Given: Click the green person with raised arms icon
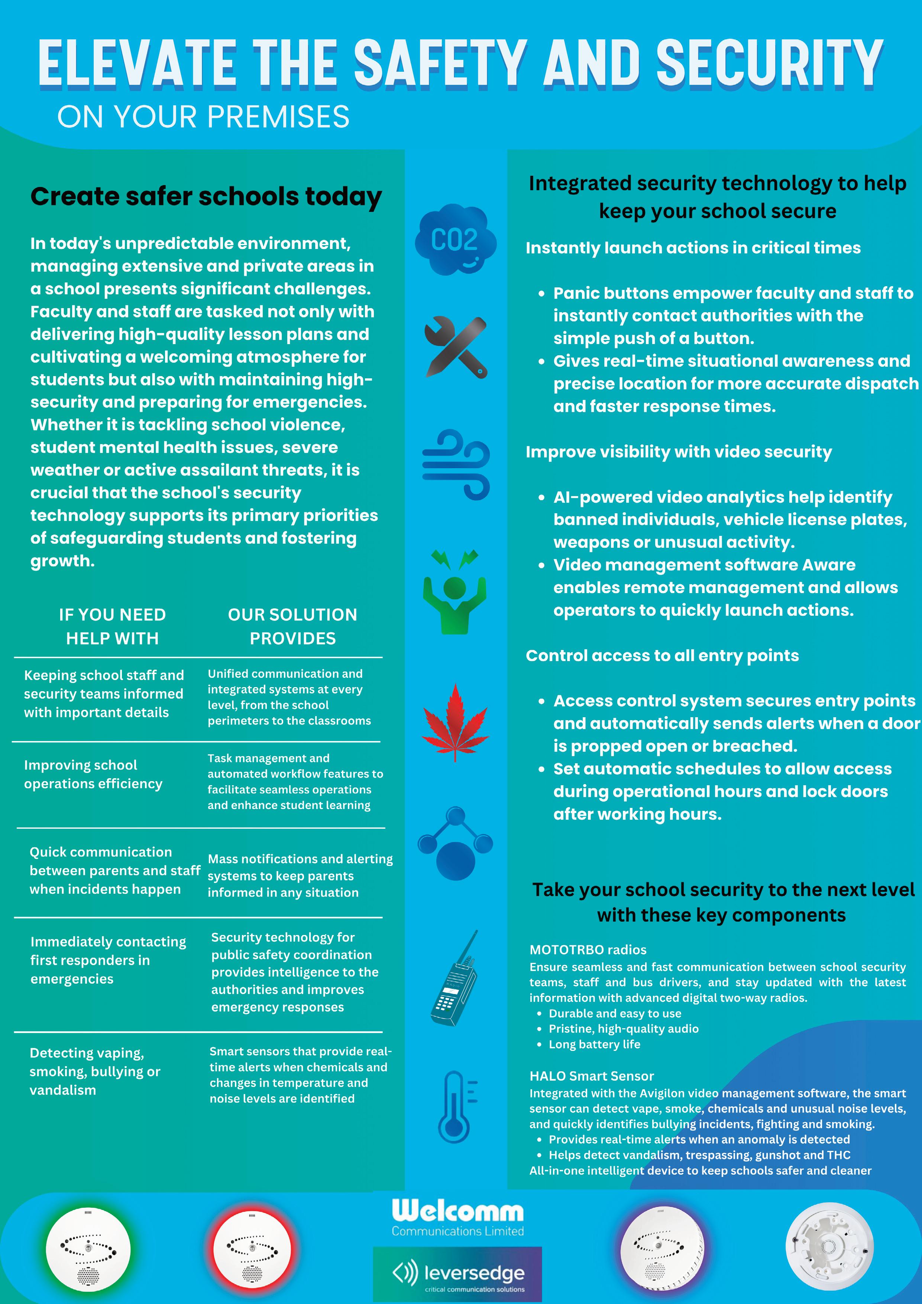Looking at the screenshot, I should click(454, 593).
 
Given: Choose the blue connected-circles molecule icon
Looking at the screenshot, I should click(455, 844).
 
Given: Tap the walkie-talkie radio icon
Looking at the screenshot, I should click(455, 978).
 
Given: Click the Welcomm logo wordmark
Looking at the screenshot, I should click(457, 1211).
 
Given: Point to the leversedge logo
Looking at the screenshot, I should click(457, 1274).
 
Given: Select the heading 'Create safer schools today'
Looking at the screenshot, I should click(206, 197).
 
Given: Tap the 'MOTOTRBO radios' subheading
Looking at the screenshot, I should click(588, 949).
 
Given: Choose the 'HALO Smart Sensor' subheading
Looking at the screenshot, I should click(591, 1076).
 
